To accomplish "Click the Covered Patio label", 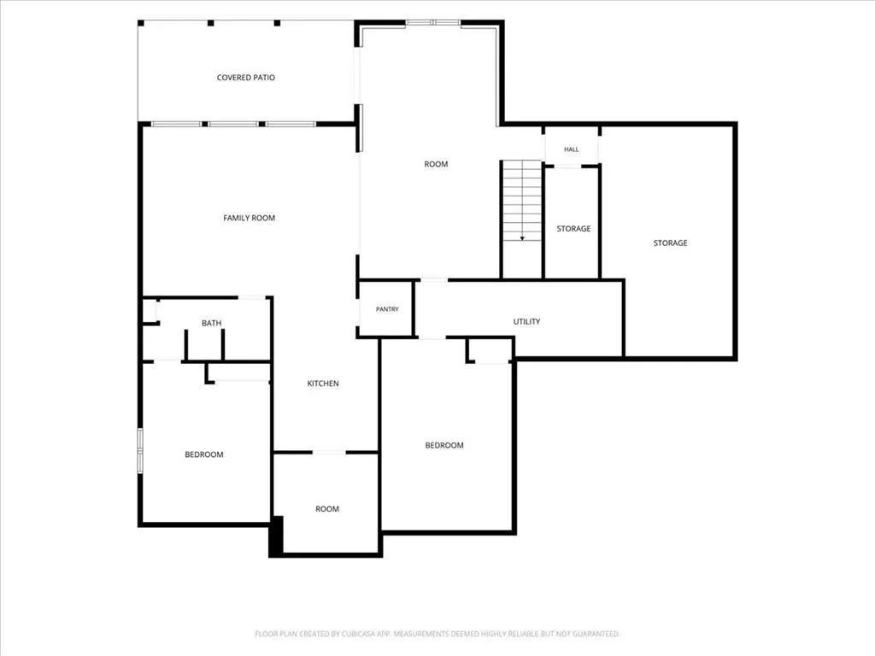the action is pyautogui.click(x=245, y=78).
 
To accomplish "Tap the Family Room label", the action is pyautogui.click(x=249, y=218).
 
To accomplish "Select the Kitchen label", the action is pyautogui.click(x=323, y=384).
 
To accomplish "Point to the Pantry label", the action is pyautogui.click(x=387, y=309).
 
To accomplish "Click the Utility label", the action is pyautogui.click(x=526, y=321).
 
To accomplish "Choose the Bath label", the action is pyautogui.click(x=212, y=323).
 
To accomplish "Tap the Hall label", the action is pyautogui.click(x=572, y=149).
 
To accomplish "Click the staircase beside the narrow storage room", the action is pyautogui.click(x=522, y=219).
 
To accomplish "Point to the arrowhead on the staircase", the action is pyautogui.click(x=522, y=239).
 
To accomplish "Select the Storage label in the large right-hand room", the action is pyautogui.click(x=670, y=243).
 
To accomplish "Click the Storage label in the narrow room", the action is pyautogui.click(x=573, y=229).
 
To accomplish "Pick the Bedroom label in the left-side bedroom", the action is pyautogui.click(x=204, y=454).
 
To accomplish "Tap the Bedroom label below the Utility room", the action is pyautogui.click(x=444, y=445).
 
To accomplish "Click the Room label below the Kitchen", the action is pyautogui.click(x=327, y=509).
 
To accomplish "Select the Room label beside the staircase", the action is pyautogui.click(x=436, y=164).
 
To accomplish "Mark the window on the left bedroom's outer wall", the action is pyautogui.click(x=140, y=451).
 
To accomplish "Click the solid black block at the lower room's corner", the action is pyautogui.click(x=276, y=536).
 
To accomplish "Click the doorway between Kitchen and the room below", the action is pyautogui.click(x=329, y=452).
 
